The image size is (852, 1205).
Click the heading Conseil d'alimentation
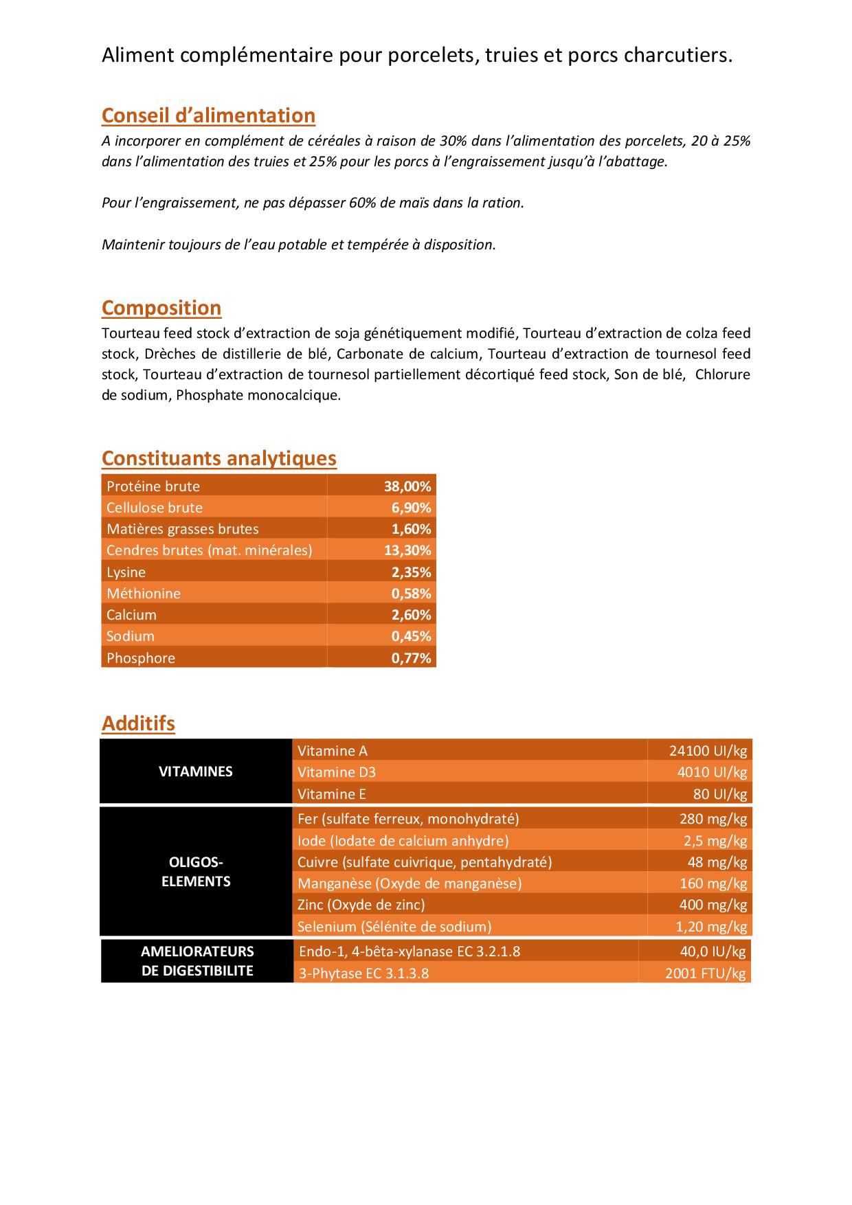[x=208, y=115]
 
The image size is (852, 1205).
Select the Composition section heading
[x=161, y=308]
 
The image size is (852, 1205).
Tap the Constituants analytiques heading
[x=219, y=458]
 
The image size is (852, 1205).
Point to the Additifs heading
[x=138, y=723]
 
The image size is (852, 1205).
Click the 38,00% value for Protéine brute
[x=407, y=486]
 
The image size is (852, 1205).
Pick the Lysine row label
[x=126, y=572]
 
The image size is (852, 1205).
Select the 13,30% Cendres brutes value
[x=407, y=550]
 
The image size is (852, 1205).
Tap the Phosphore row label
[x=141, y=658]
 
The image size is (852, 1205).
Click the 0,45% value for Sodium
[x=411, y=636]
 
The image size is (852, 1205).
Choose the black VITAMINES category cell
[x=196, y=772]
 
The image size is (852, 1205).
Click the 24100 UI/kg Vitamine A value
[x=708, y=751]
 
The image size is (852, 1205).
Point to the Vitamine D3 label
[x=337, y=772]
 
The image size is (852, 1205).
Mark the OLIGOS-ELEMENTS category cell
[x=196, y=872]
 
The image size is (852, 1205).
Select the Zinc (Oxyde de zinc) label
[x=361, y=905]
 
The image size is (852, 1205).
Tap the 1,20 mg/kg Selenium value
[x=711, y=927]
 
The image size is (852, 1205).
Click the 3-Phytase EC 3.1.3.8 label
[x=364, y=973]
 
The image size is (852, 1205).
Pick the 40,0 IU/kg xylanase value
[x=713, y=951]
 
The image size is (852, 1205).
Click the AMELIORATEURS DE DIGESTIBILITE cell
[x=197, y=961]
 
